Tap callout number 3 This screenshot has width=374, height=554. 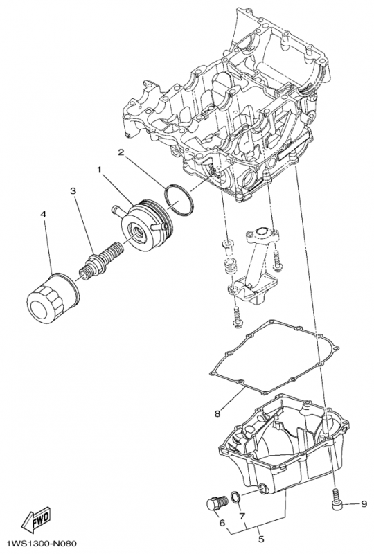73,190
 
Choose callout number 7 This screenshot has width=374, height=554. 242,516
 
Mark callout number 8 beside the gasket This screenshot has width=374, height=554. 217,413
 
